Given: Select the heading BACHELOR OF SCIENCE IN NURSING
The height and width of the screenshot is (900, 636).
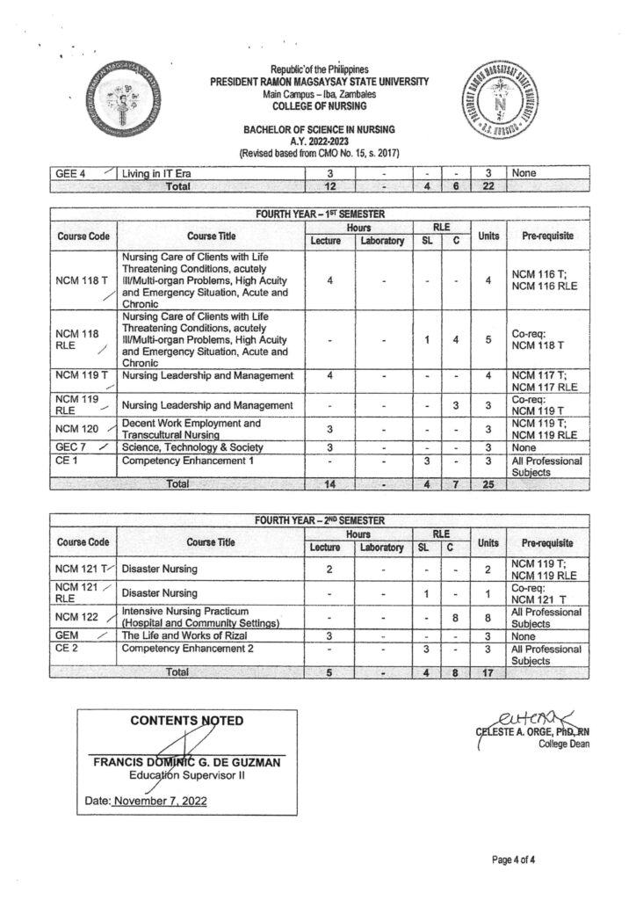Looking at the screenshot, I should tap(319, 129).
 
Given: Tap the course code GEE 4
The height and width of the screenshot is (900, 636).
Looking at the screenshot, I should tap(70, 174).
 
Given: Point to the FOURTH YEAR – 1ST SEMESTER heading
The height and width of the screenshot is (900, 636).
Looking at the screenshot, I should tap(318, 214).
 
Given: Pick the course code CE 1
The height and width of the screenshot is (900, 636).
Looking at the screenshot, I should tap(67, 461).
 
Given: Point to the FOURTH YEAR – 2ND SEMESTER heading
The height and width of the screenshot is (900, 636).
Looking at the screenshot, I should tap(318, 521).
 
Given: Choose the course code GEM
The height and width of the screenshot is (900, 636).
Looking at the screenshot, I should tap(67, 635).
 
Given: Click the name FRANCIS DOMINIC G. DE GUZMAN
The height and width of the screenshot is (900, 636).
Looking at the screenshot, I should tap(187, 763).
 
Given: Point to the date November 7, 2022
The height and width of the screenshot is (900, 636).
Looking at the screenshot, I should tap(158, 802).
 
